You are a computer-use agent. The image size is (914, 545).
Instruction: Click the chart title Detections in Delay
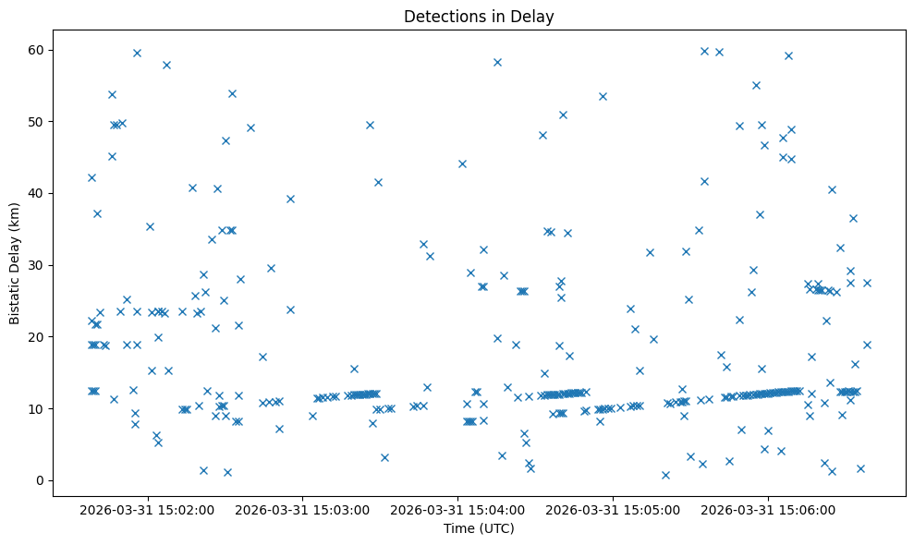pyautogui.click(x=479, y=16)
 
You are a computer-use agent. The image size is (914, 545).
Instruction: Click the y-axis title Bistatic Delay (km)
pyautogui.click(x=15, y=263)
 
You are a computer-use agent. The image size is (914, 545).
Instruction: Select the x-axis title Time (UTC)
pyautogui.click(x=479, y=528)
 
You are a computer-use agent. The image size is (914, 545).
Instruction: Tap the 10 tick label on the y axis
pyautogui.click(x=38, y=408)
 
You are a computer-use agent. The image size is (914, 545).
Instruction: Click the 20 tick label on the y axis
pyautogui.click(x=38, y=337)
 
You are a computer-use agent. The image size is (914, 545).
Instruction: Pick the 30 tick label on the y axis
pyautogui.click(x=38, y=265)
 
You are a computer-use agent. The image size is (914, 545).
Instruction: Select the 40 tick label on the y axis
pyautogui.click(x=38, y=193)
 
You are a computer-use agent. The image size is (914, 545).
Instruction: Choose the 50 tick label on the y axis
pyautogui.click(x=38, y=122)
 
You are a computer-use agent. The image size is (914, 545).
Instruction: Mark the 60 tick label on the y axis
pyautogui.click(x=38, y=50)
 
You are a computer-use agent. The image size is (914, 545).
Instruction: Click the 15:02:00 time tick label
pyautogui.click(x=148, y=509)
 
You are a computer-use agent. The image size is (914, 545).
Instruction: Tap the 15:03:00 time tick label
pyautogui.click(x=303, y=509)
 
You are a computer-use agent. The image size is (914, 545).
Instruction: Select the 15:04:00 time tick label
pyautogui.click(x=458, y=509)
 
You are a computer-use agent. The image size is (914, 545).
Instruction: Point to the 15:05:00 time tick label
pyautogui.click(x=614, y=509)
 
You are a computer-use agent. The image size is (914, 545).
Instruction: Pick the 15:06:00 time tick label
pyautogui.click(x=769, y=509)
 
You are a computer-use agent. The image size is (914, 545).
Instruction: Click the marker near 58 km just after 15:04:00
pyautogui.click(x=497, y=62)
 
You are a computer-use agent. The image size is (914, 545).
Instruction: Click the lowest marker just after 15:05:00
pyautogui.click(x=665, y=475)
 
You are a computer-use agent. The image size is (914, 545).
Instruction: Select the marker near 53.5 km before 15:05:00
pyautogui.click(x=603, y=96)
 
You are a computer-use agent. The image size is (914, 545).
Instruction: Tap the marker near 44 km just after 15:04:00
pyautogui.click(x=462, y=163)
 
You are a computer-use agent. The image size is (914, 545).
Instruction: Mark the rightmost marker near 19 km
pyautogui.click(x=867, y=345)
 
